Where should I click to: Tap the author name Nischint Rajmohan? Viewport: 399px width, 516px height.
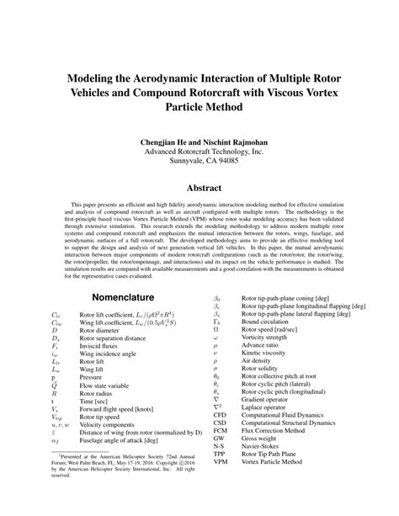pyautogui.click(x=232, y=142)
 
